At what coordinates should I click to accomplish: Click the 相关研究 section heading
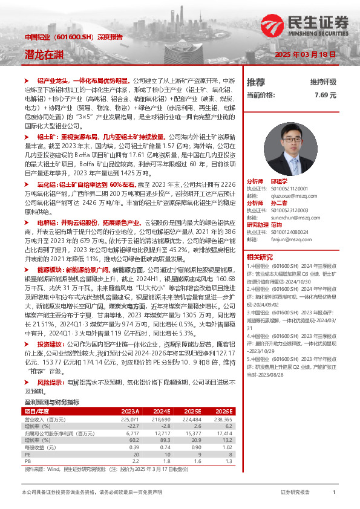tap(260, 256)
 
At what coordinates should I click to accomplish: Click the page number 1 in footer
tap(334, 493)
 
